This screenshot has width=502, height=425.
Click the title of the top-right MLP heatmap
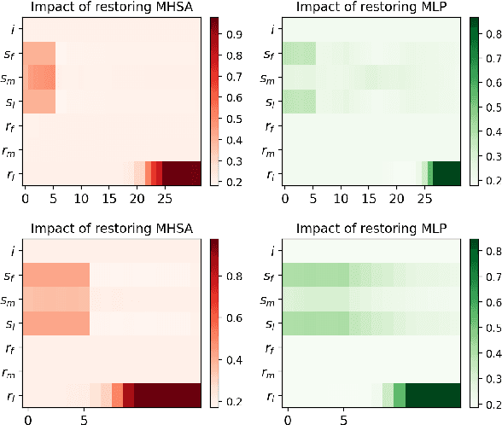pos(371,9)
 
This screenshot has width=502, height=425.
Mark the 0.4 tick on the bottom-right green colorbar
pos(490,353)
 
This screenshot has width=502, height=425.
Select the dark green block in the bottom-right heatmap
pos(433,394)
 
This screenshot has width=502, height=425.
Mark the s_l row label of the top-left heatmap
pos(10,103)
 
